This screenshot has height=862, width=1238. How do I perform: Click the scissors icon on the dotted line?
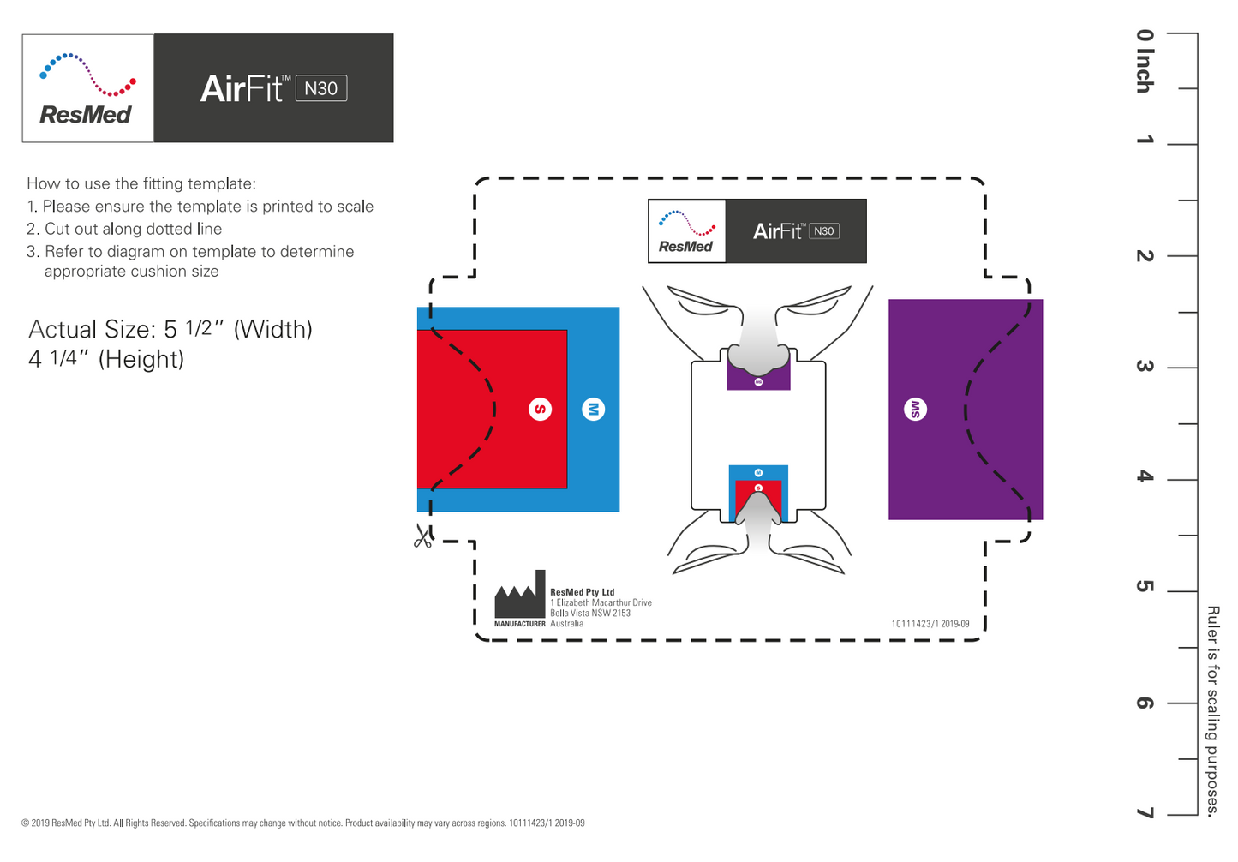422,536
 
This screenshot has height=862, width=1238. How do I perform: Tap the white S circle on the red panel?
540,410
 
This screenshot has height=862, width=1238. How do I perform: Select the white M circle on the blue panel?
593,410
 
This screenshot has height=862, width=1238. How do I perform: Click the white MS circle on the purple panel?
915,410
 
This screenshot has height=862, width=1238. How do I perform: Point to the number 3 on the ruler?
1145,366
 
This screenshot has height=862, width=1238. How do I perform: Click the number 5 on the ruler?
1145,586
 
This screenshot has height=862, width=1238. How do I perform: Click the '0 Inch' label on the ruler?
1145,61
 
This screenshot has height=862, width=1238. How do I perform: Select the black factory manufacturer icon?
520,596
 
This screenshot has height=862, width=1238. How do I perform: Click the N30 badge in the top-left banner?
321,88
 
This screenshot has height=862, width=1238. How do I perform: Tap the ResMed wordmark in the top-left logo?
86,115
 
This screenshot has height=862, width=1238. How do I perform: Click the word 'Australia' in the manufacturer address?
566,624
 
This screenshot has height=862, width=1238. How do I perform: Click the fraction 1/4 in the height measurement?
63,357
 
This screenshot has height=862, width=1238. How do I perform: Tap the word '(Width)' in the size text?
272,330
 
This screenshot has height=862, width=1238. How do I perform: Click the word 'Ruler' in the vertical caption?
1212,623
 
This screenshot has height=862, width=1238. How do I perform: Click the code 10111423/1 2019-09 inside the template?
930,624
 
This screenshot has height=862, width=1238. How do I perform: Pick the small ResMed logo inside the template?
686,231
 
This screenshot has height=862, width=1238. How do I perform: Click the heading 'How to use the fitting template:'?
141,183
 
